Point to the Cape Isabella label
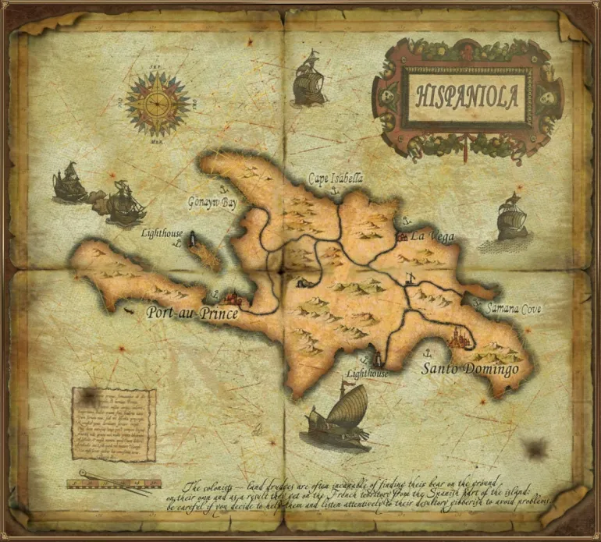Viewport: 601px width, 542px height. click(336, 179)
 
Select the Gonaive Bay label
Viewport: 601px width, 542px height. click(212, 203)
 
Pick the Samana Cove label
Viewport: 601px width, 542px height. click(513, 309)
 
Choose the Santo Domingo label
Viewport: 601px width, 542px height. click(470, 367)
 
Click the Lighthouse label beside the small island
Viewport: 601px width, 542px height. click(162, 233)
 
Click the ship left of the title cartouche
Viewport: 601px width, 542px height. click(308, 79)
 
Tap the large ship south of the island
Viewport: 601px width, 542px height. click(340, 418)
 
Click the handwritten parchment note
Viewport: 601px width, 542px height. click(114, 423)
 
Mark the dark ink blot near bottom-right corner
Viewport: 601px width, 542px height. click(535, 448)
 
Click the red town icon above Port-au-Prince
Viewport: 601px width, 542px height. click(233, 296)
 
